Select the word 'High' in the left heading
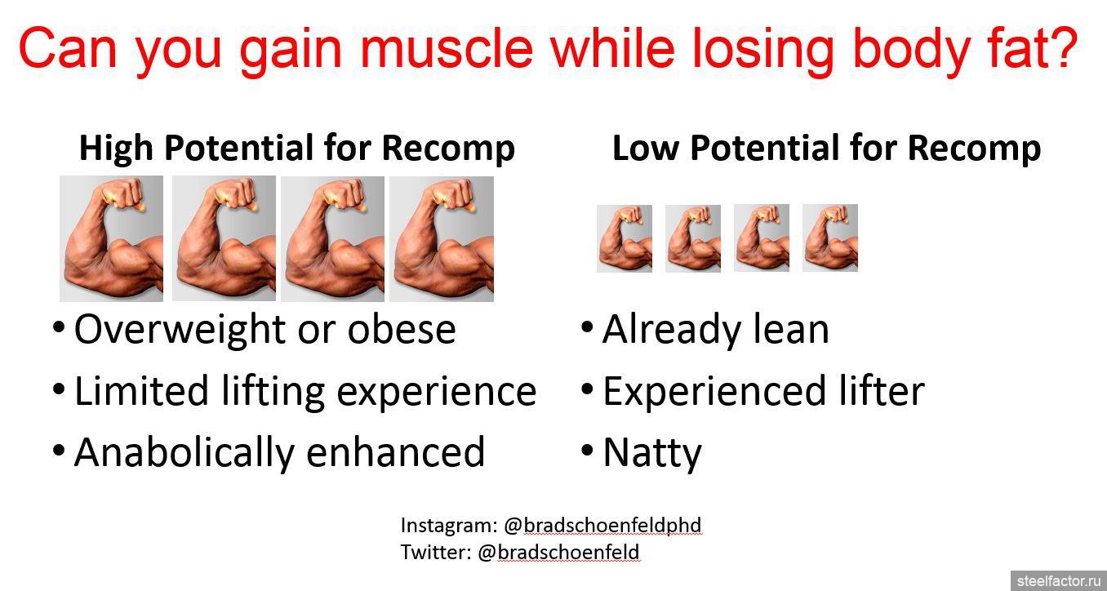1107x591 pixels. pyautogui.click(x=116, y=149)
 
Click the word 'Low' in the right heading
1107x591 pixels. pyautogui.click(x=645, y=148)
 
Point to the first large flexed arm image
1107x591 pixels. pyautogui.click(x=111, y=238)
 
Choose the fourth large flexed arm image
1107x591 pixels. pyautogui.click(x=442, y=239)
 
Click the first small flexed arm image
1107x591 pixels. pyautogui.click(x=625, y=238)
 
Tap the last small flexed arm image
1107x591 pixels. pyautogui.click(x=830, y=238)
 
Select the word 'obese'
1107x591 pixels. pyautogui.click(x=402, y=329)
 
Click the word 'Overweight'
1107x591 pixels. pyautogui.click(x=180, y=330)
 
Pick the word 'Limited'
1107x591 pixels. pyautogui.click(x=141, y=390)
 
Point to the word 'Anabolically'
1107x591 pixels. pyautogui.click(x=184, y=453)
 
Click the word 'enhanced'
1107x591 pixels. pyautogui.click(x=395, y=452)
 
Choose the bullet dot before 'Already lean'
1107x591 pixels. pyautogui.click(x=587, y=327)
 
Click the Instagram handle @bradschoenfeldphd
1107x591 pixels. pyautogui.click(x=602, y=525)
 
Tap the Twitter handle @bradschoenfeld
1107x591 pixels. pyautogui.click(x=558, y=552)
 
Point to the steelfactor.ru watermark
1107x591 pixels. pyautogui.click(x=1059, y=581)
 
